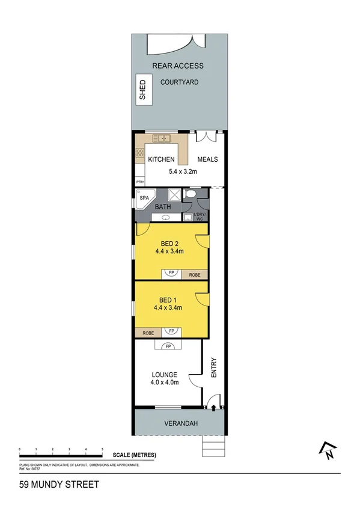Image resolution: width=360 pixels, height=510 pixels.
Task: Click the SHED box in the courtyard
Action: tap(142, 90)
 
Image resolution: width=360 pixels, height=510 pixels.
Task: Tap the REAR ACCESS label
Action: tap(178, 66)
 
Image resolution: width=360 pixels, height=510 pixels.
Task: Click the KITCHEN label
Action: tap(161, 160)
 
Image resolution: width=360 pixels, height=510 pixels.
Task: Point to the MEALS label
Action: tap(207, 160)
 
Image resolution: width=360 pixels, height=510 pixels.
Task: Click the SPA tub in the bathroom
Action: tap(144, 198)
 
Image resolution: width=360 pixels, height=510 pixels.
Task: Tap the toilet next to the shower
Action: tap(189, 195)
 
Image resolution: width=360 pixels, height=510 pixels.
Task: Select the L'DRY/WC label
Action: tap(200, 217)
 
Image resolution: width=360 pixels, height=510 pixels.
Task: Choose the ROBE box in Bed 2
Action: tap(195, 275)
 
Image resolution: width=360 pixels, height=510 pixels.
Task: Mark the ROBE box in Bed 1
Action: tap(148, 332)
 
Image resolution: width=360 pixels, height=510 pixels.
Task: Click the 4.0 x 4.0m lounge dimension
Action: tap(164, 382)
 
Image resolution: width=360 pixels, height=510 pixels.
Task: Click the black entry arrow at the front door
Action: tap(215, 408)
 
